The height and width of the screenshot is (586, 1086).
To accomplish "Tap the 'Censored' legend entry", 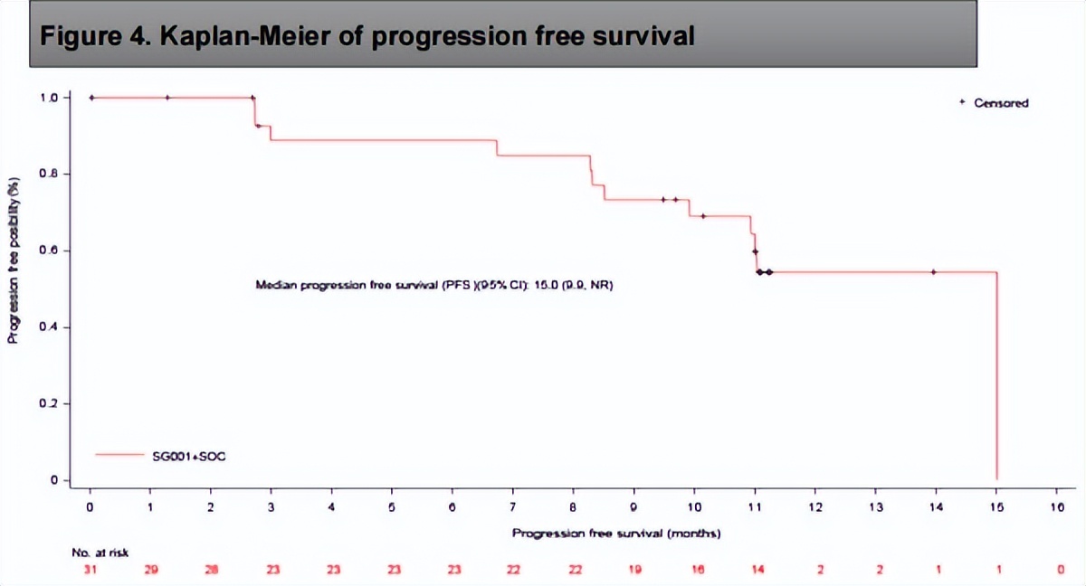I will click(1000, 103).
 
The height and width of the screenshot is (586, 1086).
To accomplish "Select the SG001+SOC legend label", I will click(188, 456).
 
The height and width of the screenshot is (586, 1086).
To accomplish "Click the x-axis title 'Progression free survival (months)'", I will click(615, 534).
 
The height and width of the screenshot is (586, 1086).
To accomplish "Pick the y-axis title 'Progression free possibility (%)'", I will click(14, 260).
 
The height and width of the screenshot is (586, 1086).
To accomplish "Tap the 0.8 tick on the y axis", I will click(50, 174).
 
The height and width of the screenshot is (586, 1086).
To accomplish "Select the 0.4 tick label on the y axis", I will click(50, 326).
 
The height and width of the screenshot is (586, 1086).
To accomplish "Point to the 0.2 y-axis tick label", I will click(50, 403).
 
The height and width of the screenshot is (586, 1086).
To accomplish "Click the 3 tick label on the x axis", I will click(271, 507).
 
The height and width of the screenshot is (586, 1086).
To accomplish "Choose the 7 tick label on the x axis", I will click(512, 507).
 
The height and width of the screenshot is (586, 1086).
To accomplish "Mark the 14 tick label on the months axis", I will click(936, 507).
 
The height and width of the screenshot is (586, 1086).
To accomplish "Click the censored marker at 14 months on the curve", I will click(933, 271).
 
